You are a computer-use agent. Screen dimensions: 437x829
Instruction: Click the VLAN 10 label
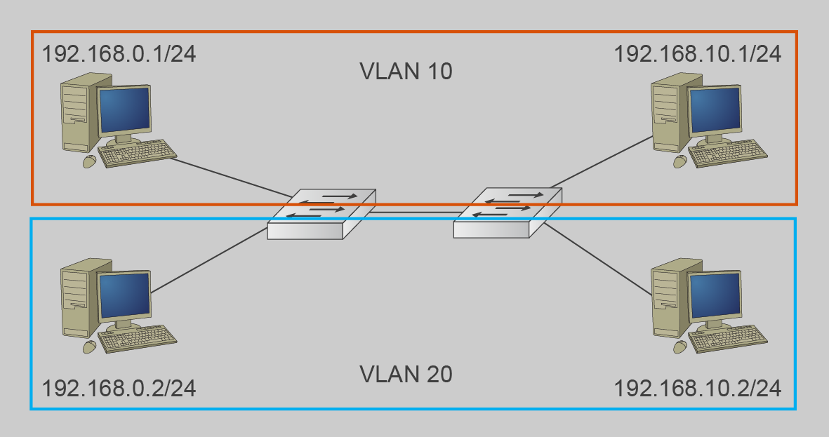coord(406,72)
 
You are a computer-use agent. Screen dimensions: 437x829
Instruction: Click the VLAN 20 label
coord(406,374)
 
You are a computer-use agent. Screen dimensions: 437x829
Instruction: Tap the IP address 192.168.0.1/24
coord(119,54)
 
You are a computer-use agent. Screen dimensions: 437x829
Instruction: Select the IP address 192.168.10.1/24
coord(698,54)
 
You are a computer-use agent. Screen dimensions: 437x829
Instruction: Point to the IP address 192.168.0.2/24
coord(119,387)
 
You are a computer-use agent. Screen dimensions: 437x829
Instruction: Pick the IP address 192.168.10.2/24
coord(698,387)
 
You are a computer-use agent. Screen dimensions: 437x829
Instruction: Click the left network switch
coord(321,214)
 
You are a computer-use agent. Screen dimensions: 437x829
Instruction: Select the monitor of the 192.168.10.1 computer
coord(715,111)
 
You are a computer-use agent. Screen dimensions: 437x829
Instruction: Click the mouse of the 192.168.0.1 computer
coord(90,161)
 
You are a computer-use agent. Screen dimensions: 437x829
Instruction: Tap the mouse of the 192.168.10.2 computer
coord(679,347)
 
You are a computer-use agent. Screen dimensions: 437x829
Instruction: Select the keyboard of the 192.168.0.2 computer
coord(138,339)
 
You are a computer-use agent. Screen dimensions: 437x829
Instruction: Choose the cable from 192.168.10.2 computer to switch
coord(597,260)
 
